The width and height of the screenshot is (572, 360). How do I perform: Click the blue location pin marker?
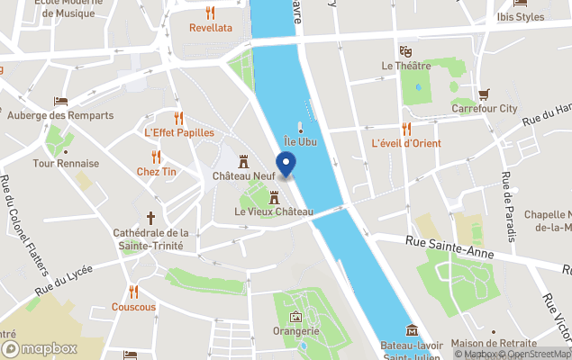286,165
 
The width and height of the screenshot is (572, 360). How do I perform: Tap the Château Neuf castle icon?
243,159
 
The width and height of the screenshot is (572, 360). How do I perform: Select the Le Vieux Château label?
273,212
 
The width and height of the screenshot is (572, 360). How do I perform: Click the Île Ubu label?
300,142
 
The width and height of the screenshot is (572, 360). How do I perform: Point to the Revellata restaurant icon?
210,13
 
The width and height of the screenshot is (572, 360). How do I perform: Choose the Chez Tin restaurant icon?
156,157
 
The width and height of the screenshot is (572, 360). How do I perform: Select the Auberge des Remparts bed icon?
60,101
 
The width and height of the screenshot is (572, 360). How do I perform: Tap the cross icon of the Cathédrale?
150,217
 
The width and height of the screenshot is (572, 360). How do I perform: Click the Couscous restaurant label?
133,307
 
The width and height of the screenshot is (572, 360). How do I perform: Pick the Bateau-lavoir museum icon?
412,328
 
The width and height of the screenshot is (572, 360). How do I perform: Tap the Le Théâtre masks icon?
405,50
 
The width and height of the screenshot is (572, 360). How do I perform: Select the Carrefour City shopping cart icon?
484,94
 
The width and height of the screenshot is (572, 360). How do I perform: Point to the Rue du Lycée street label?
67,278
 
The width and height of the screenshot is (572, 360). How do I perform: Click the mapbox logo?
40,348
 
